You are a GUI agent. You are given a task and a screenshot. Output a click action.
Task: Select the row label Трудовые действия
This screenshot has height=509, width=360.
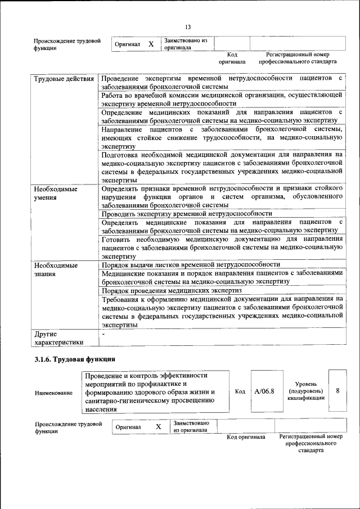point(64,78)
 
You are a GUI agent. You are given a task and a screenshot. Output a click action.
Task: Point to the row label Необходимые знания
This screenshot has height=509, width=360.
point(55,269)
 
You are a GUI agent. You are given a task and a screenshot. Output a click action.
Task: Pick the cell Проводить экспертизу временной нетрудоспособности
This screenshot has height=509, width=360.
point(187,214)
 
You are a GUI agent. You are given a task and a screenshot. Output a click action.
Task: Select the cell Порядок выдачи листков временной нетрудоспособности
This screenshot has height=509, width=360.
point(190,264)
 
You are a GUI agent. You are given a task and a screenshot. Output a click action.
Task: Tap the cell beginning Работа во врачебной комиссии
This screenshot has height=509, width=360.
point(222,100)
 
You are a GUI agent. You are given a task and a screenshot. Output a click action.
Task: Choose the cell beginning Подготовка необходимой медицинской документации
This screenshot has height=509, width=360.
point(222,166)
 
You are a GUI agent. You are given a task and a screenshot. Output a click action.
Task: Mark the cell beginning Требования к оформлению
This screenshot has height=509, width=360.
point(222,312)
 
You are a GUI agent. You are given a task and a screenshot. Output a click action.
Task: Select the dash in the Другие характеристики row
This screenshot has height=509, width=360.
point(103,334)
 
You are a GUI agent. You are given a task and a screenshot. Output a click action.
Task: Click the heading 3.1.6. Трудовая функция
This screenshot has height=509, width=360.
point(75,359)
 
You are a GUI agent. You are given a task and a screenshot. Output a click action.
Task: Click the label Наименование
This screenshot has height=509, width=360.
point(53,393)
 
